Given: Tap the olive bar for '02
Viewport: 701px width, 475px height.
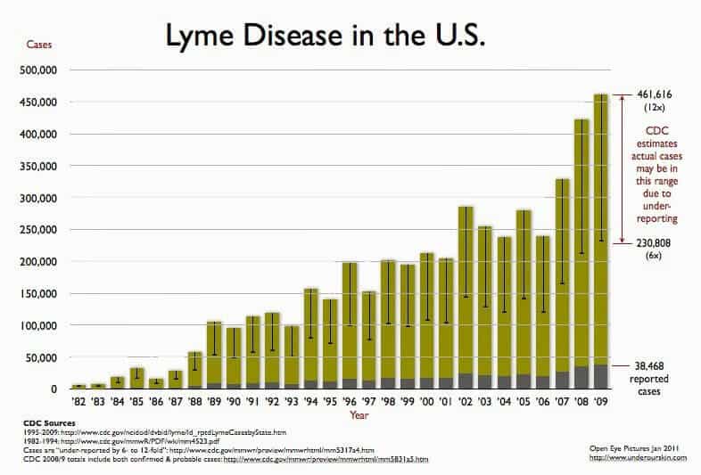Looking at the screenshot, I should point(465,294).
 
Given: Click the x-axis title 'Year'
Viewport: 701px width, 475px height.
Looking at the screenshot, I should point(359,415).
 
